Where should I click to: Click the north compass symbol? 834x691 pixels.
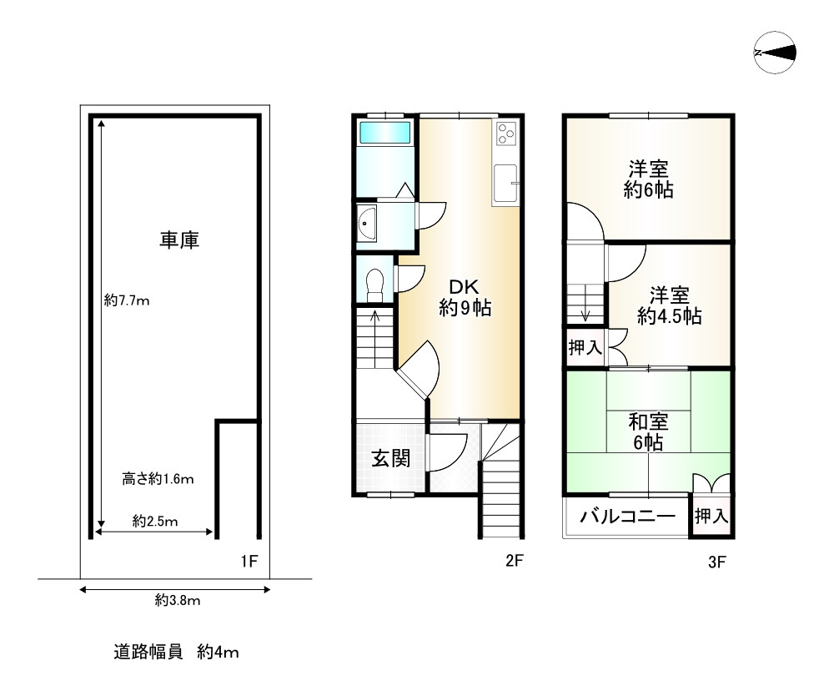pyautogui.click(x=774, y=53)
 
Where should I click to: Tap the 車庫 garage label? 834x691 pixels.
pyautogui.click(x=179, y=240)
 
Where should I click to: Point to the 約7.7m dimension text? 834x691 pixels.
pyautogui.click(x=127, y=301)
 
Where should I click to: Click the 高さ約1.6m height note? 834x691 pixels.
pyautogui.click(x=158, y=479)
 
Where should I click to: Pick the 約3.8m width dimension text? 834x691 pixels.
pyautogui.click(x=178, y=600)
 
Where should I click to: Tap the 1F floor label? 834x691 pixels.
pyautogui.click(x=249, y=561)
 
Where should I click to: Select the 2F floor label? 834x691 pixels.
pyautogui.click(x=515, y=561)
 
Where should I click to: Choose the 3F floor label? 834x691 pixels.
pyautogui.click(x=717, y=562)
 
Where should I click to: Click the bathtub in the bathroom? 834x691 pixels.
pyautogui.click(x=384, y=134)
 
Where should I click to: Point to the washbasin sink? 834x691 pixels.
pyautogui.click(x=367, y=224)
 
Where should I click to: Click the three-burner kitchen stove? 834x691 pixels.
pyautogui.click(x=507, y=134)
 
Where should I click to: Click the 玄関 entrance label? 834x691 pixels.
pyautogui.click(x=390, y=458)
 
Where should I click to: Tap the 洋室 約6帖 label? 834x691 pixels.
pyautogui.click(x=649, y=179)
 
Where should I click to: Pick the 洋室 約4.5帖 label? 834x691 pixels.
pyautogui.click(x=669, y=305)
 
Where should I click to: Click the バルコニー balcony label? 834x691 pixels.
pyautogui.click(x=627, y=517)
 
